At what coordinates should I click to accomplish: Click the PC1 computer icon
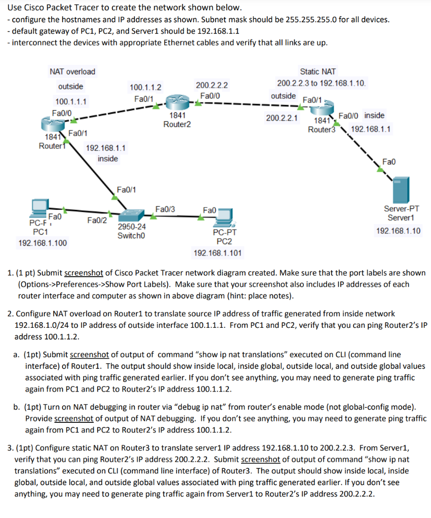click(x=39, y=206)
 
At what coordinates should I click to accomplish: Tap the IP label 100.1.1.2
click(x=145, y=87)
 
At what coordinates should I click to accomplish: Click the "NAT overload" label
click(x=72, y=72)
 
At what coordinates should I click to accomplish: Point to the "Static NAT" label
click(x=318, y=72)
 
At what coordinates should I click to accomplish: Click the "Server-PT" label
click(x=402, y=208)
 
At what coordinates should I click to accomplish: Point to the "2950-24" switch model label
click(x=132, y=227)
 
